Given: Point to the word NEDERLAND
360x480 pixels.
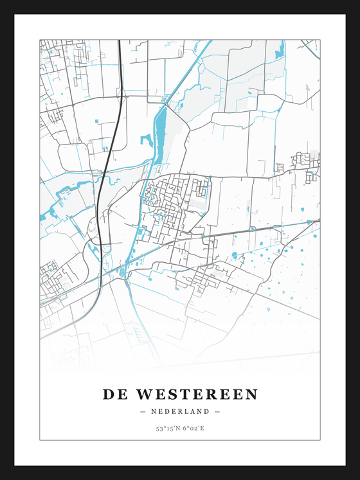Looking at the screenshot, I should [x=180, y=411].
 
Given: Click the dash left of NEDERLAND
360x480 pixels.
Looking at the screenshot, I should [x=143, y=411].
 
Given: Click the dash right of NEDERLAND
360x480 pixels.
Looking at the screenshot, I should [x=217, y=411].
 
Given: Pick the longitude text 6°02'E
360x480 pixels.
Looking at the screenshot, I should [x=194, y=429].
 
